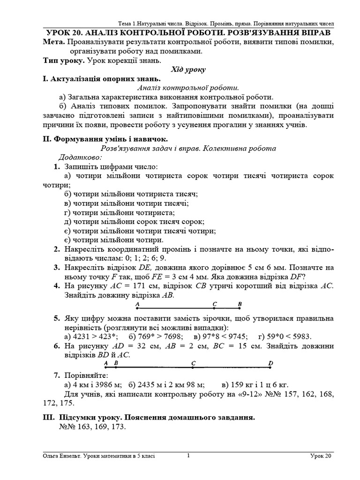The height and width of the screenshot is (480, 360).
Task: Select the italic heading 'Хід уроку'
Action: point(188,69)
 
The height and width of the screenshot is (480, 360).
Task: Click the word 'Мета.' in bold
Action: point(53,42)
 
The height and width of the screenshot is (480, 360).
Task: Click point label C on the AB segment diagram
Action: point(214,304)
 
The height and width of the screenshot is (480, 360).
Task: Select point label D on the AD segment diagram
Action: point(270,363)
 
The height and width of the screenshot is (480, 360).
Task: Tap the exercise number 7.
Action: point(56,375)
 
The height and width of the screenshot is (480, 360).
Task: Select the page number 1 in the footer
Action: point(188,455)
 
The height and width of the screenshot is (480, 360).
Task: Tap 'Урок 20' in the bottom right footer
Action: point(321,456)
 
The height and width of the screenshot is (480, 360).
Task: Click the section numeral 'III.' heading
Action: point(48,417)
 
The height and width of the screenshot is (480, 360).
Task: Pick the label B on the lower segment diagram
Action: point(116,363)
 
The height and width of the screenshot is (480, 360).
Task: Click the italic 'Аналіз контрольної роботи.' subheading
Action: point(188,88)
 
